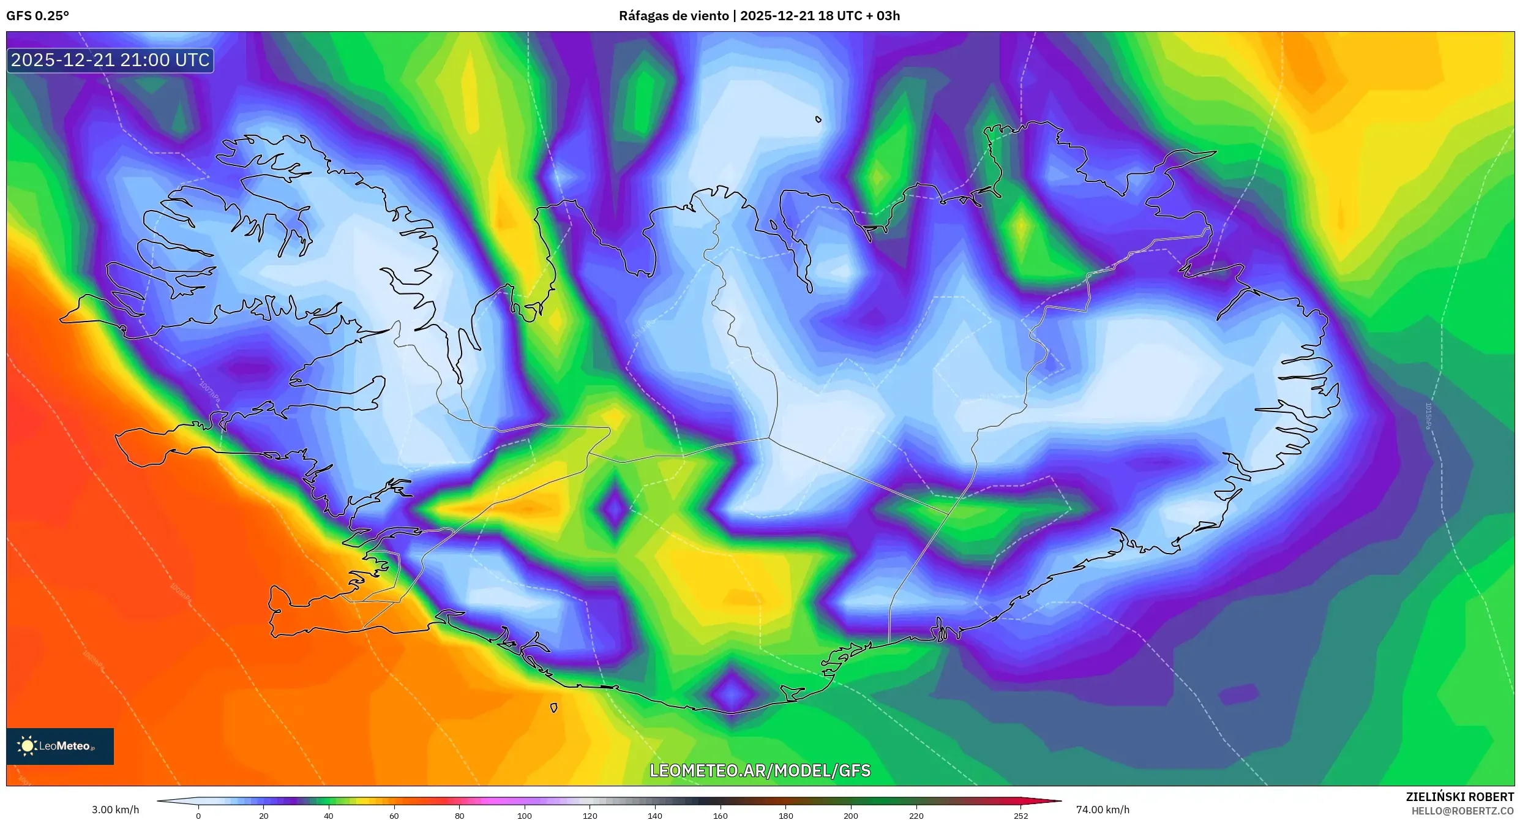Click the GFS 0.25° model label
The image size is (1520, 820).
tap(37, 16)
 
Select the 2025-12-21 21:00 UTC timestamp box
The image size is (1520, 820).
tap(110, 60)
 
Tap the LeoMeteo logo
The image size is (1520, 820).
tap(59, 746)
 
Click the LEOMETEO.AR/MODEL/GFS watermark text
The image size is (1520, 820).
tap(760, 770)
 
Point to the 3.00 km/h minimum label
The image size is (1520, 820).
tap(115, 810)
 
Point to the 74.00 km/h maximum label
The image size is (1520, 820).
tap(1103, 810)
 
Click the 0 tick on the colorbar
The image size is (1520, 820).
tap(198, 815)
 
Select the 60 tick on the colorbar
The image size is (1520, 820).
tap(394, 815)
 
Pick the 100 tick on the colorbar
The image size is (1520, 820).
tap(524, 815)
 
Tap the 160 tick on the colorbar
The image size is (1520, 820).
tap(720, 815)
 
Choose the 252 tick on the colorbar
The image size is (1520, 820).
tap(1020, 815)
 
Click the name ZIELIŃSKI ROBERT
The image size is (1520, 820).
tap(1459, 797)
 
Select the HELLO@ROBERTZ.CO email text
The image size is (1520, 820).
tap(1462, 811)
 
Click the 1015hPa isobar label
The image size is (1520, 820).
tap(1428, 416)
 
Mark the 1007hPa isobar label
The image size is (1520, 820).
tap(209, 391)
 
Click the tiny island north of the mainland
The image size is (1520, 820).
tap(818, 119)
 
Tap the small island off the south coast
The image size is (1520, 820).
tap(553, 708)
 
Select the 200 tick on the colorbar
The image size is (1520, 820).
tap(850, 815)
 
